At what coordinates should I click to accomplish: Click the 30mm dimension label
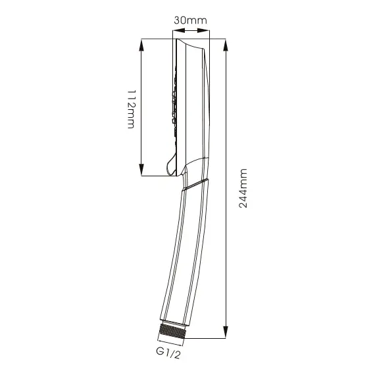pyautogui.click(x=190, y=20)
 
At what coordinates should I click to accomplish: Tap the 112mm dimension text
pyautogui.click(x=132, y=109)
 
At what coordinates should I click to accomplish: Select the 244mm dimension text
pyautogui.click(x=243, y=188)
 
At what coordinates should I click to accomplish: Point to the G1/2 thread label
pyautogui.click(x=168, y=353)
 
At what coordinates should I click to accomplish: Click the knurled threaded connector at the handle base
pyautogui.click(x=172, y=331)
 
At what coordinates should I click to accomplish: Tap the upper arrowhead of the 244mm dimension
pyautogui.click(x=226, y=45)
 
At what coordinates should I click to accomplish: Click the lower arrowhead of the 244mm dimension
pyautogui.click(x=226, y=332)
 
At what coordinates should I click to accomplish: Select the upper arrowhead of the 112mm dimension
pyautogui.click(x=141, y=45)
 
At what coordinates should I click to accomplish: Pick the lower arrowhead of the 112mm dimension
pyautogui.click(x=141, y=170)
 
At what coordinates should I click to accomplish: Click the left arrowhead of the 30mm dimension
pyautogui.click(x=179, y=30)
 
